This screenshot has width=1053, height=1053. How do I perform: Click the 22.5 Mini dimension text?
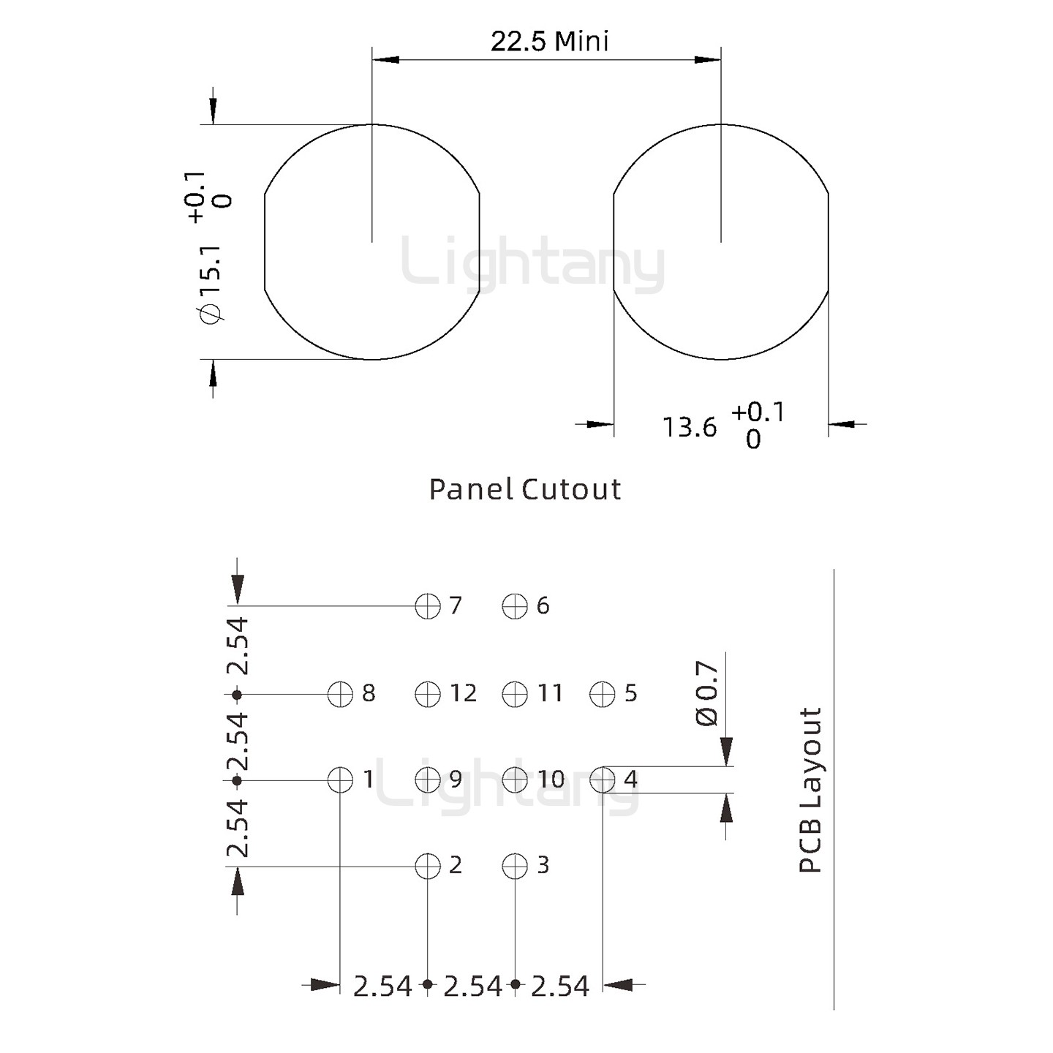(549, 41)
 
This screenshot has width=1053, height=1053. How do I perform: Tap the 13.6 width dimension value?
(690, 427)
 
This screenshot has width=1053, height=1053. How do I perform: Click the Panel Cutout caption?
(524, 489)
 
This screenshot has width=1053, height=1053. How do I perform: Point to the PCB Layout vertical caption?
(810, 790)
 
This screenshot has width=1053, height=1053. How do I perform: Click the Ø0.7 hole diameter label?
(707, 693)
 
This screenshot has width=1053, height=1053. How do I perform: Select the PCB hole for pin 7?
(428, 606)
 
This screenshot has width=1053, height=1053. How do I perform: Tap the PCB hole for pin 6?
(515, 606)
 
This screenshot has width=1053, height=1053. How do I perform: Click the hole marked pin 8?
(341, 694)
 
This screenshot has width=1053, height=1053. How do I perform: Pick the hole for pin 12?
(428, 694)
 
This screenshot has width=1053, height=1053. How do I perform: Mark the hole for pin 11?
(515, 694)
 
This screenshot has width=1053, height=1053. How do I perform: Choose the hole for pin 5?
(603, 694)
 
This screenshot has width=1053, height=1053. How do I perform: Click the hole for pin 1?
(341, 780)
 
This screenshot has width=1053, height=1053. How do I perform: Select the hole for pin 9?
(428, 780)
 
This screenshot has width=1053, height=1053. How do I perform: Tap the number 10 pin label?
(551, 780)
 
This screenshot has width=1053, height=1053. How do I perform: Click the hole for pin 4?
(603, 780)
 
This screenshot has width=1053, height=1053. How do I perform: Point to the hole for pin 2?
(428, 867)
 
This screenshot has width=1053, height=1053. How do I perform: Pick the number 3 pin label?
(543, 866)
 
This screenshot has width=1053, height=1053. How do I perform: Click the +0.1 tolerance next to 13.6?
(758, 412)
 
